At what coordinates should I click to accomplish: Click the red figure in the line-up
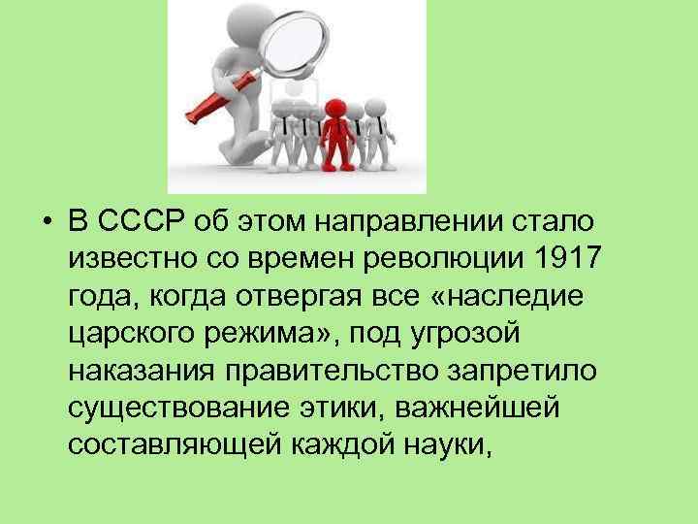pos(336,131)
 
